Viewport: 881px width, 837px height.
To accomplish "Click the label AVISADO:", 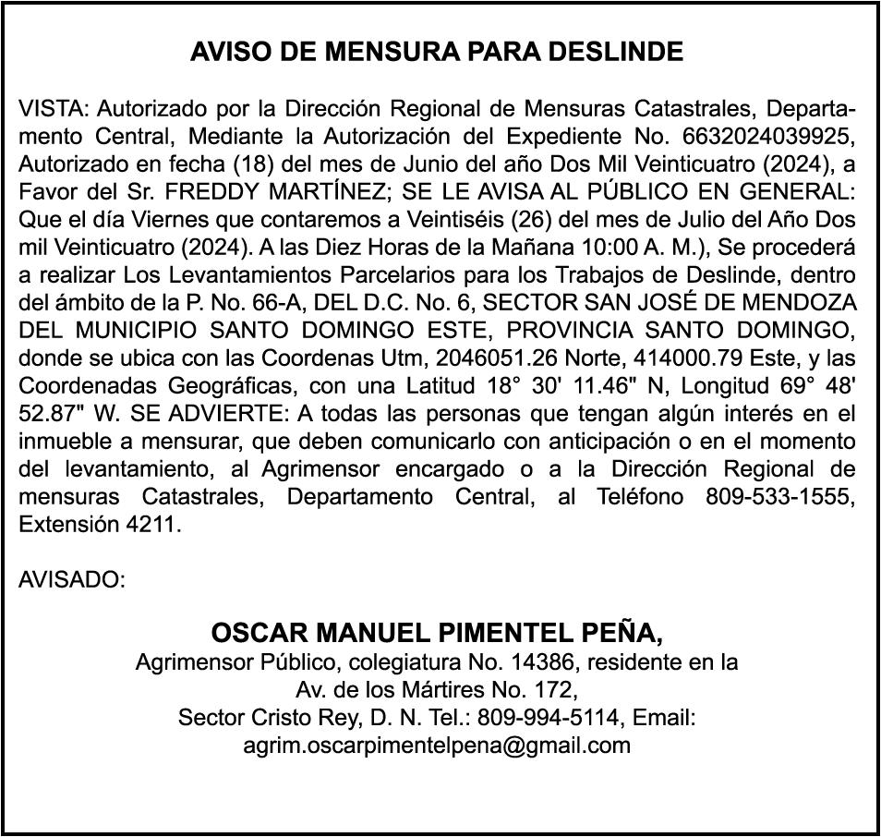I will [x=72, y=581].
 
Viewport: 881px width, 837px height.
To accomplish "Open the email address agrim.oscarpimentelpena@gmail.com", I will [x=437, y=745].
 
